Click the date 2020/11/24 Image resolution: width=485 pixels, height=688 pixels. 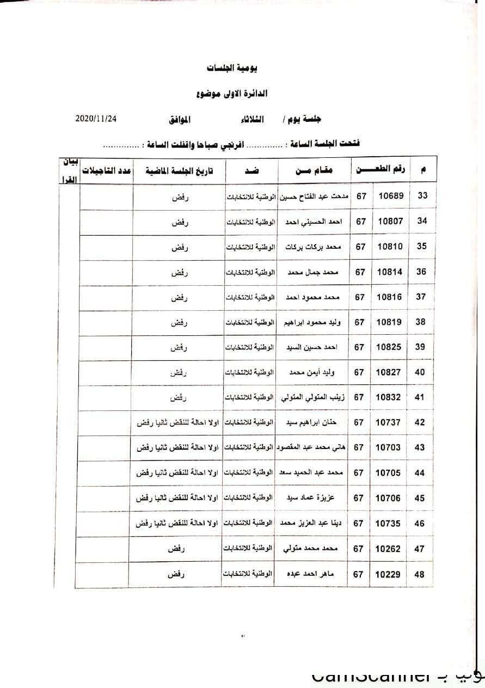[x=96, y=118]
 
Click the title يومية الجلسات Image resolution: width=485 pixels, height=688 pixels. [x=232, y=68]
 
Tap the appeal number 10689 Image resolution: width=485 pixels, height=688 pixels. [x=390, y=196]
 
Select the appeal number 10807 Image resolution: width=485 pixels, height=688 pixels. [x=390, y=221]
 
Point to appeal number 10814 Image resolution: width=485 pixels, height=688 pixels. [x=390, y=272]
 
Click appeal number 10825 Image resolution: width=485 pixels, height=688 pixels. [x=390, y=347]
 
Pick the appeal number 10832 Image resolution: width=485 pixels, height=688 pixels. [x=389, y=397]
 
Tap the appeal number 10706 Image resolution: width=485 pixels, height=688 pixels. [x=388, y=498]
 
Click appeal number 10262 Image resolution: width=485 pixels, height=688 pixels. [x=388, y=549]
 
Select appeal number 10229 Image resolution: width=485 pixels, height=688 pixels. [x=388, y=574]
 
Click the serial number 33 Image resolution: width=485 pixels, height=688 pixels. [x=422, y=196]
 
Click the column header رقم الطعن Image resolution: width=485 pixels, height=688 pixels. [x=380, y=169]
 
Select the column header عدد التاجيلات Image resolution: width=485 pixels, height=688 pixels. [x=107, y=170]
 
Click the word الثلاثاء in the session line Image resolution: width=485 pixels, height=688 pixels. [x=252, y=119]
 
